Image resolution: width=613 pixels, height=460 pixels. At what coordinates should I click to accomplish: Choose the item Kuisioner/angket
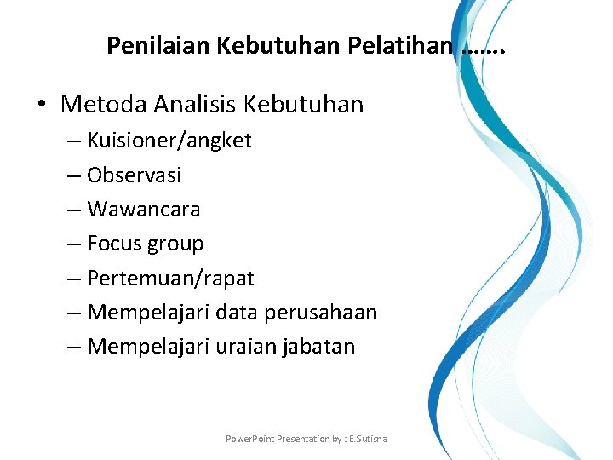(x=169, y=141)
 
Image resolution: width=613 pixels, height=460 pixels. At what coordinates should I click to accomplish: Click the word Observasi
(x=135, y=175)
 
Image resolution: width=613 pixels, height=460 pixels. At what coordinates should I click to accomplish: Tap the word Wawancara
(x=144, y=209)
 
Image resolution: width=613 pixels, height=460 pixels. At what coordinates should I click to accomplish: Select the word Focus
(x=114, y=244)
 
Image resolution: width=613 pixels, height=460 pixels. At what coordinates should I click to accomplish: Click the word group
(x=175, y=244)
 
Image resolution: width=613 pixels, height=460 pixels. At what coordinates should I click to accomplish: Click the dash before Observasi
(x=72, y=175)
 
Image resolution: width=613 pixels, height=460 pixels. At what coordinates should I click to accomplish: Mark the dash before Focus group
(x=72, y=244)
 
